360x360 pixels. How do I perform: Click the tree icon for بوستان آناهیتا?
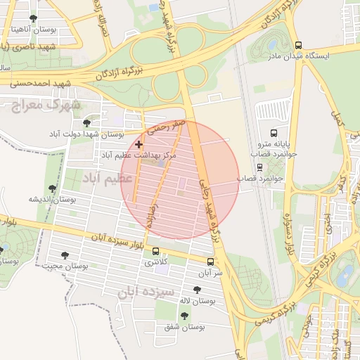point(33,18)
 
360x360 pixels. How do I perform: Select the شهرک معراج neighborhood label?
point(47,104)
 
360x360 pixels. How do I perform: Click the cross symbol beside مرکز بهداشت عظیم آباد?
point(139,143)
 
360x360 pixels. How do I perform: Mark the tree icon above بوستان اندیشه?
point(52,188)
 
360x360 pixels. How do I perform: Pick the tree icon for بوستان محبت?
point(65,256)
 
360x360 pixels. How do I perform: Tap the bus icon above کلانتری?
point(155,252)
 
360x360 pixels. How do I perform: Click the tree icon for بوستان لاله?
point(196,290)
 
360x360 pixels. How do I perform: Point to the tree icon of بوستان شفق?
point(185,316)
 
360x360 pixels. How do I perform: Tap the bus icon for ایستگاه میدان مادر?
point(299,45)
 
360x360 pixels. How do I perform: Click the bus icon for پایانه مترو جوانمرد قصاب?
point(274,132)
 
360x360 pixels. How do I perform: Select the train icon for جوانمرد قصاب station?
point(259,167)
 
